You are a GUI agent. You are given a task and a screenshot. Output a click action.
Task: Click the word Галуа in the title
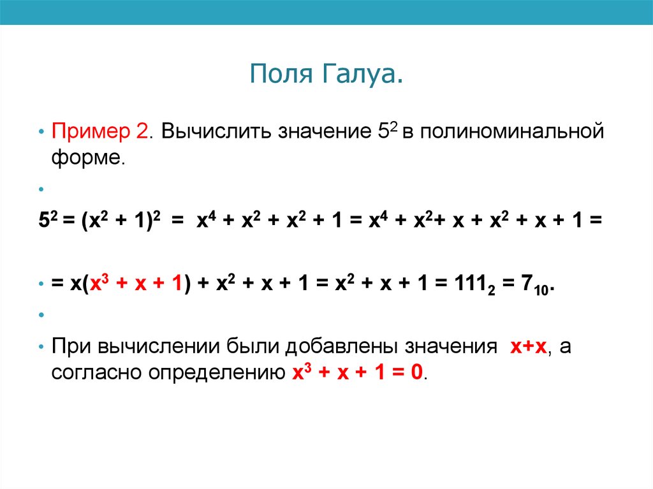tap(358, 75)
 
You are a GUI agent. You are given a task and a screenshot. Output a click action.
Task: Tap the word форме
tap(87, 157)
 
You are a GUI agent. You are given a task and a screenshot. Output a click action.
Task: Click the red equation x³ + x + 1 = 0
tap(356, 372)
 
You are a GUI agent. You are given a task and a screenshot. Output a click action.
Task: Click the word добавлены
tap(337, 347)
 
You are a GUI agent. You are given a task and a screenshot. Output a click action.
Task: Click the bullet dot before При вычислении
tap(41, 347)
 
